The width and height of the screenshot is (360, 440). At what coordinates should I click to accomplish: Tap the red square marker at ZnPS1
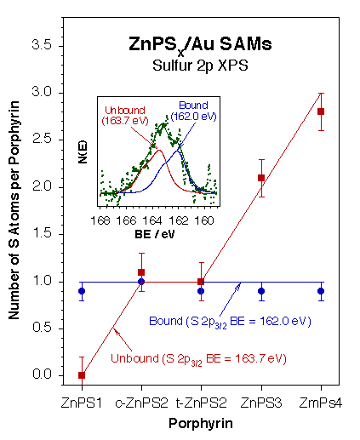point(81,375)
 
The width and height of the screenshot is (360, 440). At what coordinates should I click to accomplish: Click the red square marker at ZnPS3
point(261,178)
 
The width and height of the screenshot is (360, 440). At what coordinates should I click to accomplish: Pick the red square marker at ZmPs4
point(321,111)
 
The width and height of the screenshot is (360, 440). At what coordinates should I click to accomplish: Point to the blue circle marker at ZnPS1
point(81,291)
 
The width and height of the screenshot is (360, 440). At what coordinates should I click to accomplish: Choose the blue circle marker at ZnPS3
point(261,291)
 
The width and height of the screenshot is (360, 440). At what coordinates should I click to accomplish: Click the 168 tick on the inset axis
point(102,220)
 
